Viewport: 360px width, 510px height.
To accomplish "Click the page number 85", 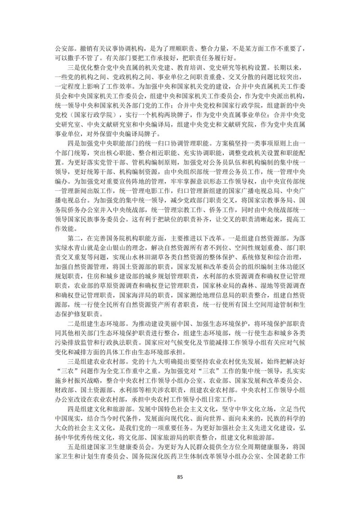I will pos(180,477).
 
